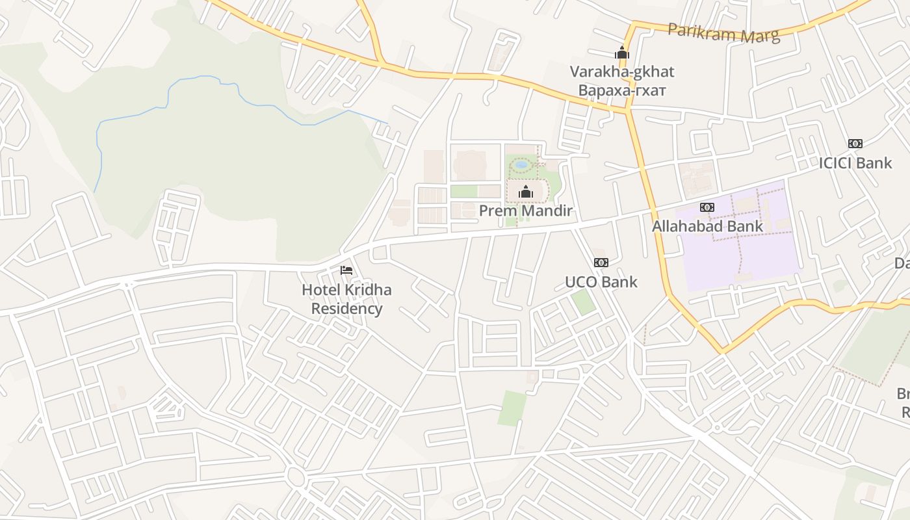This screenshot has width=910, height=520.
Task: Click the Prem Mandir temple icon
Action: coord(526,192)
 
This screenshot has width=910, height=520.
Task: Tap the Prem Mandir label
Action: coord(526,211)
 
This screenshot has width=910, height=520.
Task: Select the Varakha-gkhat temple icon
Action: coord(622,53)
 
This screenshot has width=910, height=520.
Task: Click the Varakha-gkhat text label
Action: coord(622,71)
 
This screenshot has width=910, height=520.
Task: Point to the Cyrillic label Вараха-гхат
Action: coord(622,90)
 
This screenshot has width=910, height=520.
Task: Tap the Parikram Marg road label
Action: coord(723,32)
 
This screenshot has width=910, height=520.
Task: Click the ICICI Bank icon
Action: coord(855,144)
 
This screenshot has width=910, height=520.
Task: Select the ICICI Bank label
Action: coord(855,162)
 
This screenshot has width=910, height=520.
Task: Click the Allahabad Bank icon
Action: coord(707,207)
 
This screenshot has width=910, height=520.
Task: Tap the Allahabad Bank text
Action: coord(707,226)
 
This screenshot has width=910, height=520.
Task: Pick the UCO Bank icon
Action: coord(601,263)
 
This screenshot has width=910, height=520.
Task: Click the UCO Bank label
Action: coord(601,281)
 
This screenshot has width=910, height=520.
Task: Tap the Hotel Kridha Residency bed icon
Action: coord(346,270)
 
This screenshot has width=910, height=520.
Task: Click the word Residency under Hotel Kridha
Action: coord(346,308)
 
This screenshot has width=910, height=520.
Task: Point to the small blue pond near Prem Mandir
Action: coord(521,165)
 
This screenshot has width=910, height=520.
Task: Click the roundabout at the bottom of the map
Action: coord(296,478)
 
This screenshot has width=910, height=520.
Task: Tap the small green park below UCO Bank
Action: coord(584,302)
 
